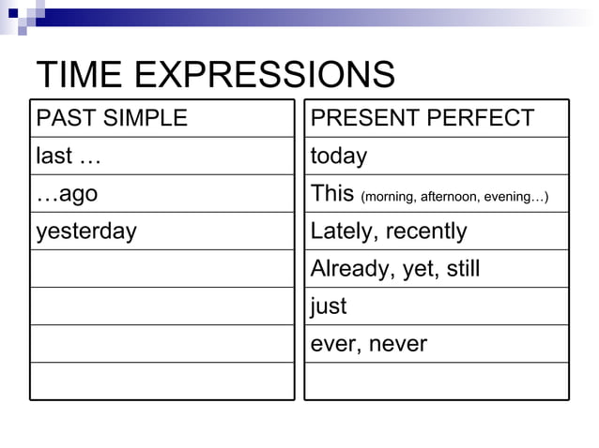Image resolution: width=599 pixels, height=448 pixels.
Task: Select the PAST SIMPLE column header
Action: click(x=112, y=118)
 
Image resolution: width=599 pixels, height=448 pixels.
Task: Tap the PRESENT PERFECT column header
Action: click(x=422, y=118)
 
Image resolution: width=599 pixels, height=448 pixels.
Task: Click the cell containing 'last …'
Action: click(x=68, y=156)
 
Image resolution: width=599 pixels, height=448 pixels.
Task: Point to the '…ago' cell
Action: click(x=67, y=194)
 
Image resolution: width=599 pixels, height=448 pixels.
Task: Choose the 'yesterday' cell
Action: click(x=86, y=231)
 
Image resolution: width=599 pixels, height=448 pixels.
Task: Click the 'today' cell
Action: click(x=339, y=156)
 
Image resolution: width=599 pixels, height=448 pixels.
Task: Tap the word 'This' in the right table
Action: click(x=332, y=194)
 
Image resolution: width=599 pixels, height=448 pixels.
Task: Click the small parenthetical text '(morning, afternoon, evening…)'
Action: click(x=454, y=197)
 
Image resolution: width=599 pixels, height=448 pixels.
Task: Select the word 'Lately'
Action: click(x=341, y=231)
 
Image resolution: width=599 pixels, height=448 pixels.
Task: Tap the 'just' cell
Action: click(x=329, y=306)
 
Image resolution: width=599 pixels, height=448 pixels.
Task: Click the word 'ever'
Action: click(x=331, y=344)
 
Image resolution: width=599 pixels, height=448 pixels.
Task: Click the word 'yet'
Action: click(x=410, y=269)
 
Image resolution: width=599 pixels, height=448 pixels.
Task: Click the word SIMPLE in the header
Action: click(x=146, y=118)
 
